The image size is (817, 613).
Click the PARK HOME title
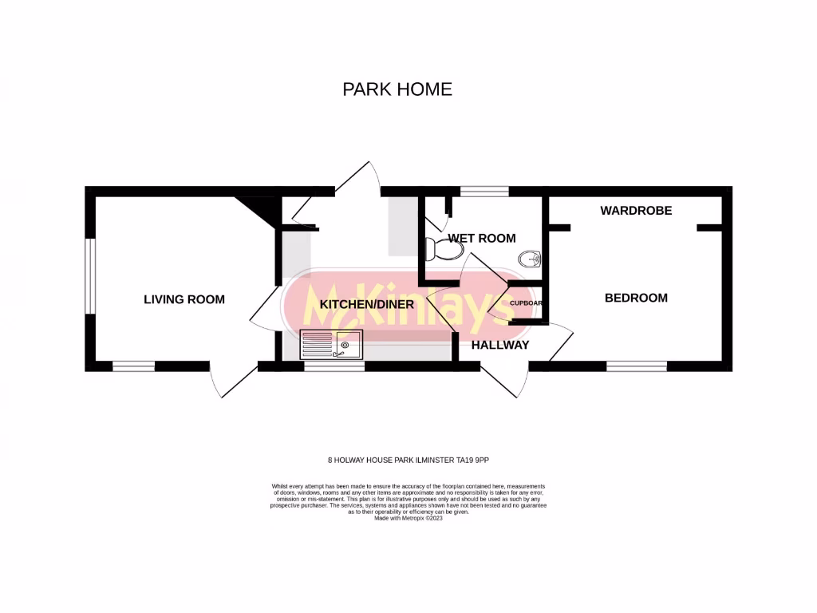coord(397,89)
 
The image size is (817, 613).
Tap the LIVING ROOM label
coord(184,300)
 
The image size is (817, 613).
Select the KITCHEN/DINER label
coord(367,305)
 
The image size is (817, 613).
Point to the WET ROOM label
coord(481,238)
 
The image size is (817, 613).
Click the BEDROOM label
coord(636,298)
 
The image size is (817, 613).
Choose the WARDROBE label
coord(636,211)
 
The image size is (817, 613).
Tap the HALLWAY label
coord(500,345)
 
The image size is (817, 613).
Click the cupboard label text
coord(527,303)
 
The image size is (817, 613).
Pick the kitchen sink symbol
coord(331,344)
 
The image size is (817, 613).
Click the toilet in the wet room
coord(444,248)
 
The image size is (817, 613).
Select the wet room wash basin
coord(531,259)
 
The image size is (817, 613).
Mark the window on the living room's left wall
coord(91,275)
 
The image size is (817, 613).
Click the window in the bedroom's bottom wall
coord(637,366)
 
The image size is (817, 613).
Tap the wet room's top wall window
coord(484,191)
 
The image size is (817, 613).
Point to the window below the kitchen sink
coord(334,367)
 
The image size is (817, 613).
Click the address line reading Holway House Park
coord(408,461)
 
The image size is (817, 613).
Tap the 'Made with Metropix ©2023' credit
coord(408,518)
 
